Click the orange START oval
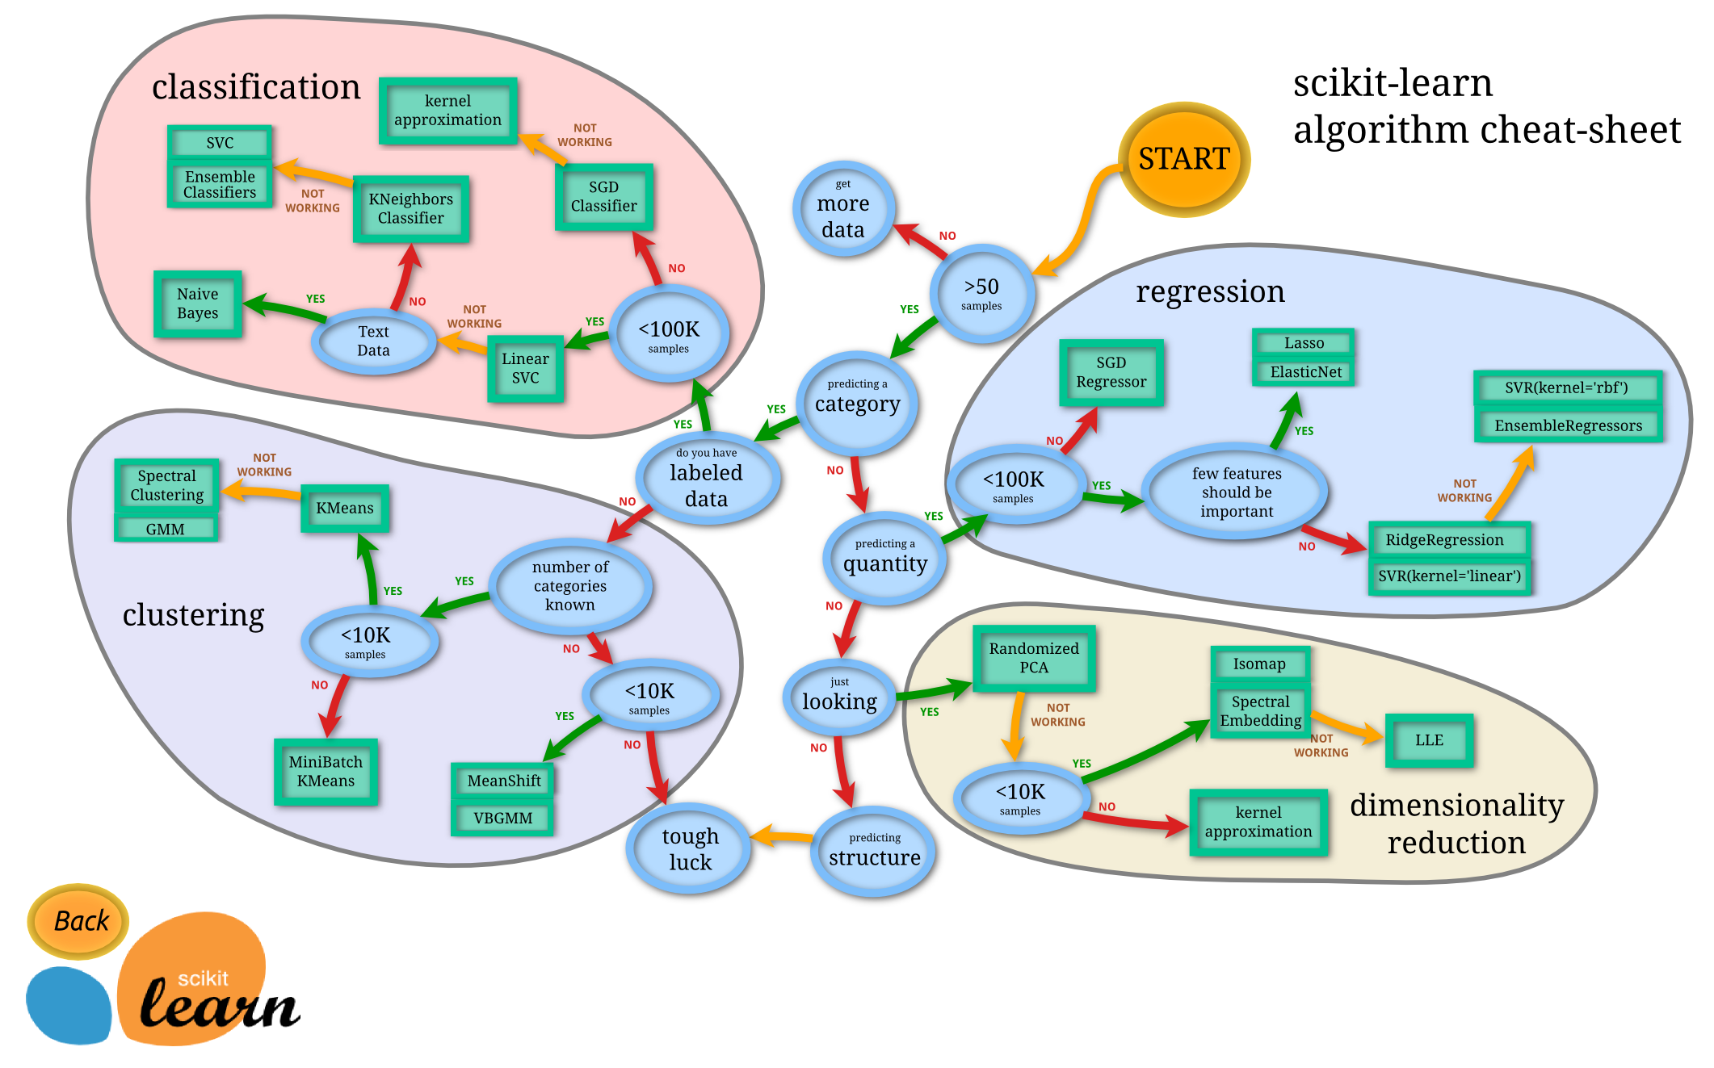tap(1183, 159)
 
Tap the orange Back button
tap(79, 921)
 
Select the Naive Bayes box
tap(198, 304)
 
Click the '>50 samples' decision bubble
tap(981, 294)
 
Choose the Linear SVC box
tap(525, 368)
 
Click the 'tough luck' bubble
tap(689, 848)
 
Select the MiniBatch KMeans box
tap(326, 772)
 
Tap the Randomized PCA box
tap(1034, 658)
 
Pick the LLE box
tap(1429, 740)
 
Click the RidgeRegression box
tap(1446, 540)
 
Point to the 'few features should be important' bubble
tap(1236, 492)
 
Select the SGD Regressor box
tap(1111, 372)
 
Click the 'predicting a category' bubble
tap(857, 401)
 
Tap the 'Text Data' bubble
tap(373, 341)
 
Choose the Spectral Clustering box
tap(167, 485)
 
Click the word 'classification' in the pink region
tap(256, 87)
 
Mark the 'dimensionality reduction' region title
tap(1456, 823)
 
